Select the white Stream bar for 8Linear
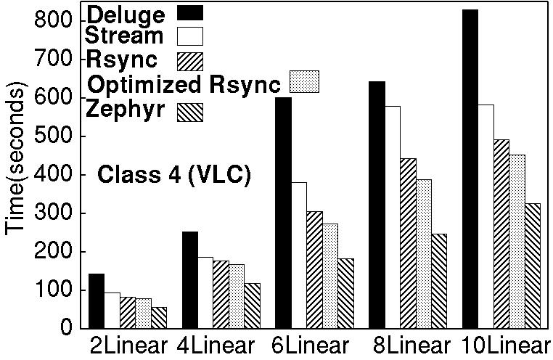tap(393, 217)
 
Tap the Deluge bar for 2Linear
tap(97, 300)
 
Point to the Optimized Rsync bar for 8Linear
tap(423, 253)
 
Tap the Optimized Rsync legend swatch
tap(305, 81)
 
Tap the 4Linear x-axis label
tap(216, 345)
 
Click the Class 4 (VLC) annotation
tap(174, 175)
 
